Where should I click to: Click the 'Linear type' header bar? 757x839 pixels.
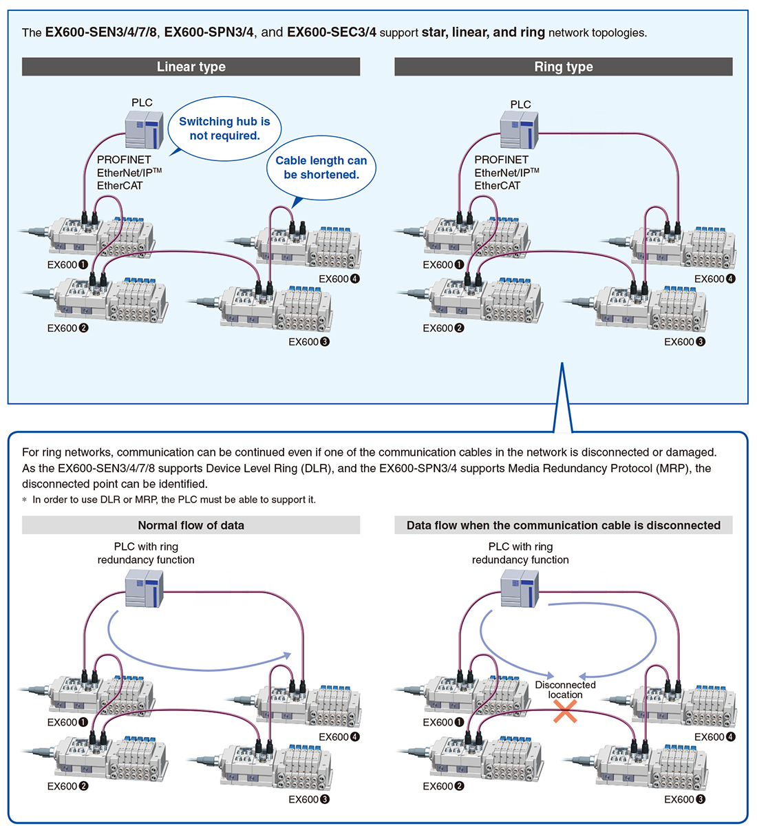(x=191, y=67)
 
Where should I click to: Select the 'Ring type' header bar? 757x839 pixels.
(x=563, y=67)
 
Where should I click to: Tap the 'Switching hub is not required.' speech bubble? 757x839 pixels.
(x=224, y=129)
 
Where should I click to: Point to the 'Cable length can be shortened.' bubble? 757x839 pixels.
(x=321, y=168)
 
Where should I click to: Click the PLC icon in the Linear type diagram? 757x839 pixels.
(x=144, y=130)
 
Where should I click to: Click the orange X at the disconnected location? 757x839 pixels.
(x=565, y=712)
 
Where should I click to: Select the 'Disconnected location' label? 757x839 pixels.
(x=565, y=690)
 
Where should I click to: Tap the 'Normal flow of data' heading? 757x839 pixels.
(x=191, y=525)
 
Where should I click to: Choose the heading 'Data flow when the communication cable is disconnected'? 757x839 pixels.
(x=563, y=525)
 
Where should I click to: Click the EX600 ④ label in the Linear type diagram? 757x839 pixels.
(x=339, y=279)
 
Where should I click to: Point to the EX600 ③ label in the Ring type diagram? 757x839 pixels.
(x=684, y=341)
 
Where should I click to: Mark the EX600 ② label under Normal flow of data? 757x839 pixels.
(x=67, y=786)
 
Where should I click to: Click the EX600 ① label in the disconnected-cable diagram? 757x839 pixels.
(x=443, y=722)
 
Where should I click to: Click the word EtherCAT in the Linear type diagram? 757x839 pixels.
(x=120, y=186)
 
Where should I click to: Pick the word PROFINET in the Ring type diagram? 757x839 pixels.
(x=501, y=160)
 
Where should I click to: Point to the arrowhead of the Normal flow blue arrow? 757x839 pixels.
(x=288, y=655)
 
